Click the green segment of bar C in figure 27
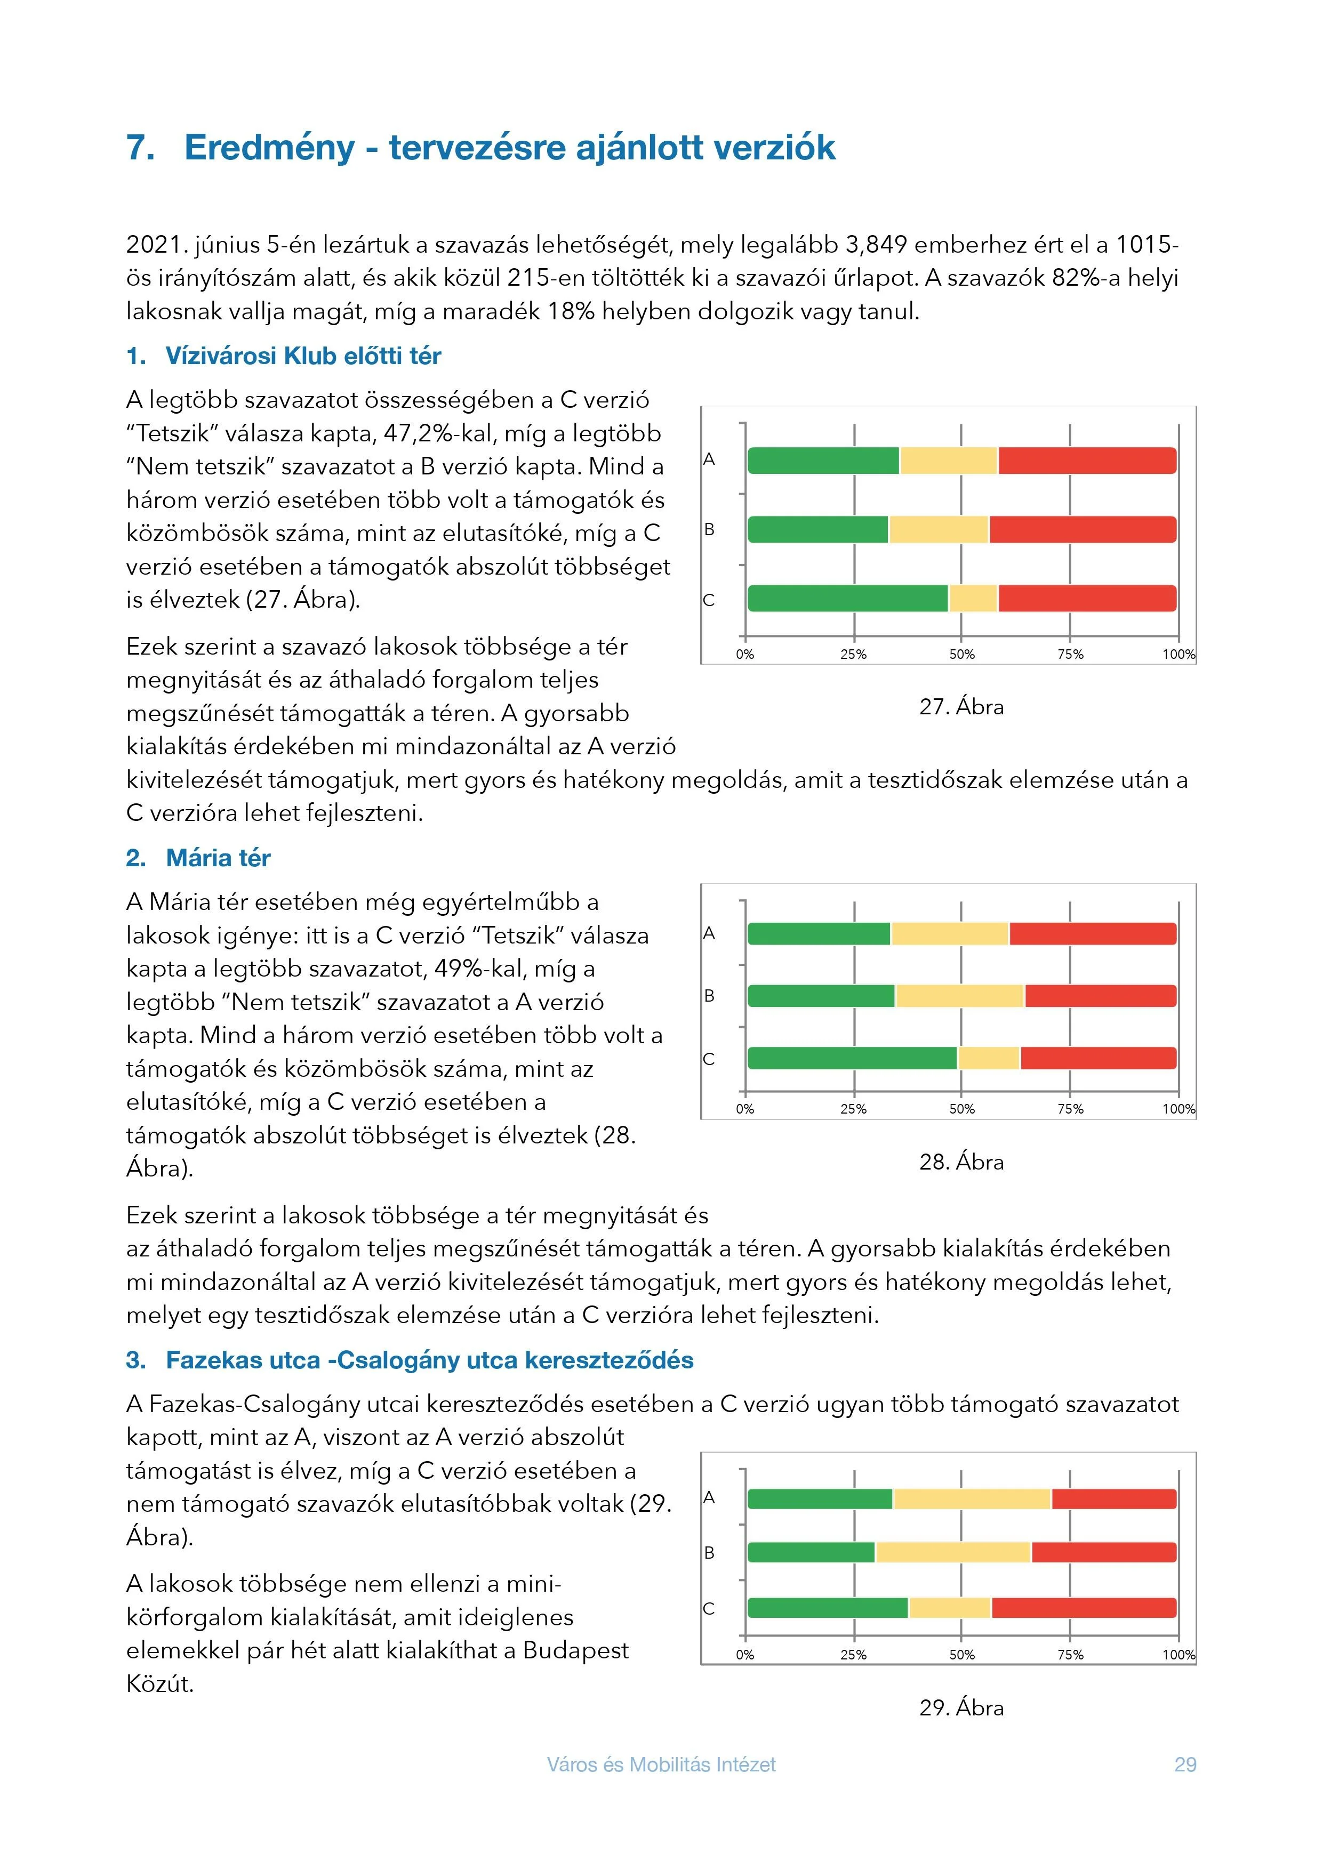[x=847, y=599]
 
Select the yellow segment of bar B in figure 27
[x=939, y=529]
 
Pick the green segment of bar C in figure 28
[x=852, y=1058]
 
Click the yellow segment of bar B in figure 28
[x=960, y=995]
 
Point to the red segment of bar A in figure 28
[x=1093, y=933]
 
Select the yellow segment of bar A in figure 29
[x=972, y=1498]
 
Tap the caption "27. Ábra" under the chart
[x=961, y=707]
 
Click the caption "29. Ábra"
[x=961, y=1708]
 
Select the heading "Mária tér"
[x=218, y=858]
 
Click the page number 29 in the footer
[x=1185, y=1764]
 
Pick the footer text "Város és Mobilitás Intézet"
[x=661, y=1764]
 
